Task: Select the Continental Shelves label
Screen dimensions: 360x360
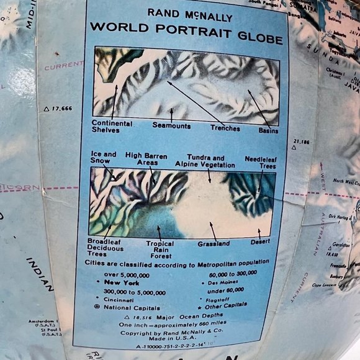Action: click(112, 127)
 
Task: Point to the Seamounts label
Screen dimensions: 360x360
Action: click(171, 125)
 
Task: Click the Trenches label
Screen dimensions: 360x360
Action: click(225, 128)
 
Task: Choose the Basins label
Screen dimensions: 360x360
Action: click(268, 131)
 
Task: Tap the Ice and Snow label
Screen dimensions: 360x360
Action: click(104, 158)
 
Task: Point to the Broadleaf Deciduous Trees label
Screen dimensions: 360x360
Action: click(102, 247)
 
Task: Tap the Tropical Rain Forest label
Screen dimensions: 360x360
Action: click(160, 249)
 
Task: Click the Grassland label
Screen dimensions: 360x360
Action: click(214, 245)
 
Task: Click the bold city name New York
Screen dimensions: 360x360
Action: click(123, 282)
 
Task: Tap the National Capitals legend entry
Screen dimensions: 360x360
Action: click(131, 308)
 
